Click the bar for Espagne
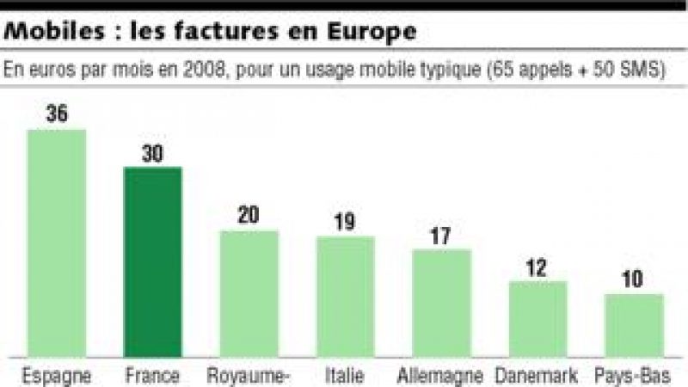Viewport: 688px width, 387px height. click(57, 243)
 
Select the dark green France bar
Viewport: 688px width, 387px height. click(153, 262)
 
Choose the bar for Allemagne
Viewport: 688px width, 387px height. click(441, 304)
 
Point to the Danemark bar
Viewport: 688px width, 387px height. click(537, 319)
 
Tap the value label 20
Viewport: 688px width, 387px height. click(249, 217)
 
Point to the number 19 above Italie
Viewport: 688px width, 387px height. click(345, 222)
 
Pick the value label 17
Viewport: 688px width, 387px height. click(441, 236)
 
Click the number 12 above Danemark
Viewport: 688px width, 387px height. click(537, 267)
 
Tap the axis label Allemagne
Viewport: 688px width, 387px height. click(440, 376)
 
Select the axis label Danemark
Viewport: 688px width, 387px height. click(537, 376)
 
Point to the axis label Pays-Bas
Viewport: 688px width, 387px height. click(634, 376)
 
